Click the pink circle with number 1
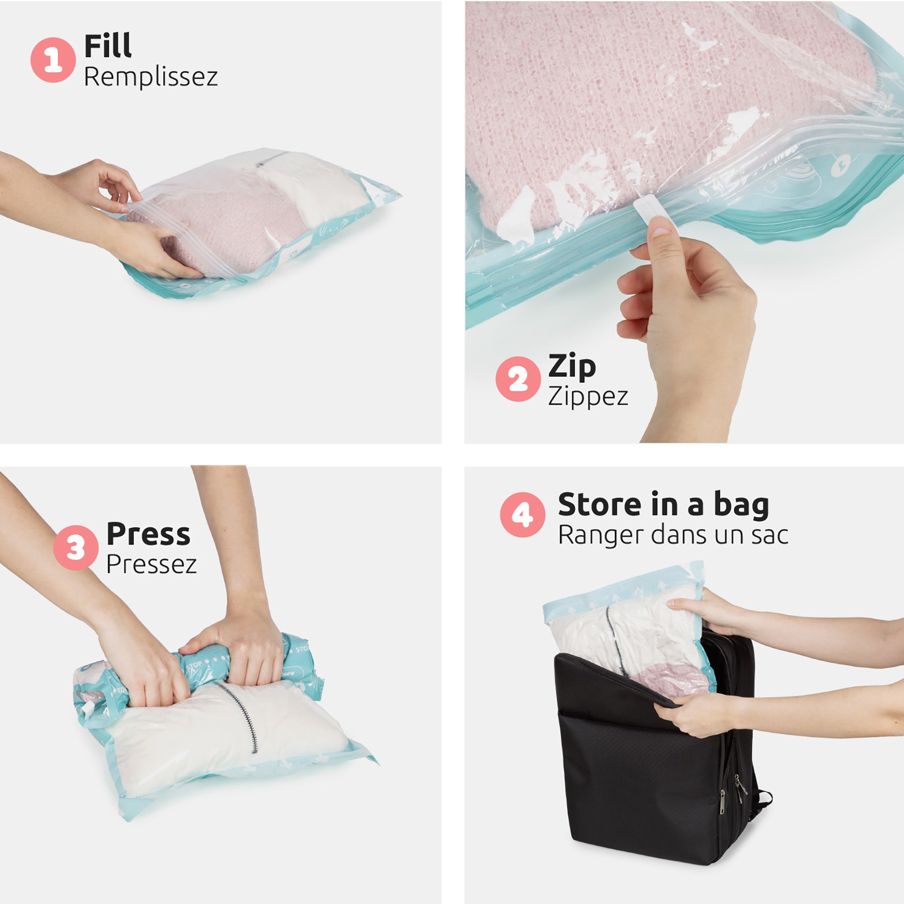53,60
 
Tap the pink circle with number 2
518,379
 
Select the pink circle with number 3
75,547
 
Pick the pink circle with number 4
522,515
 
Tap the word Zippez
588,397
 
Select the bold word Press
148,534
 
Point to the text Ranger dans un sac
673,535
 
